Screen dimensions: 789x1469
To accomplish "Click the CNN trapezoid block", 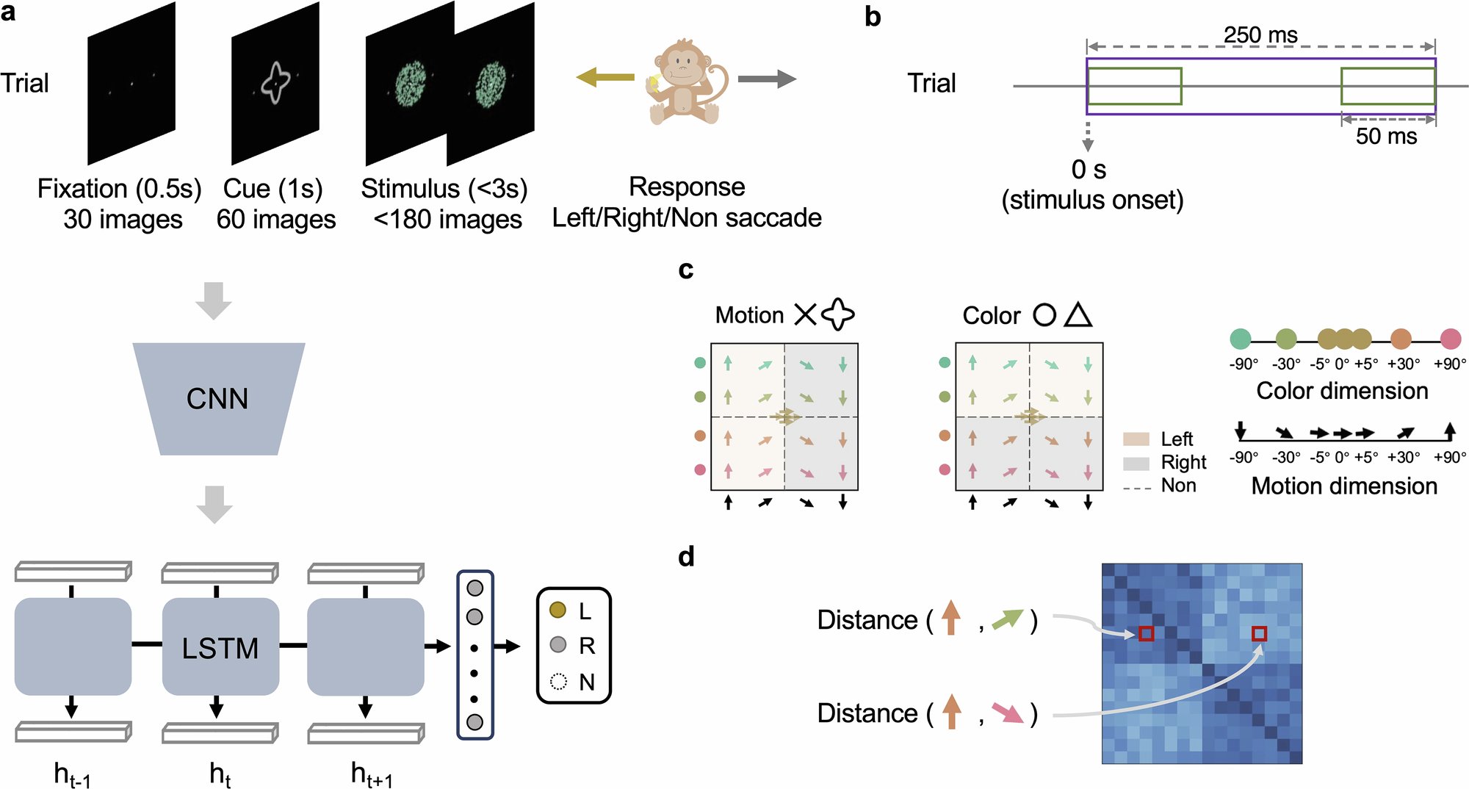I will (218, 399).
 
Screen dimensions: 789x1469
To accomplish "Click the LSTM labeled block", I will (220, 647).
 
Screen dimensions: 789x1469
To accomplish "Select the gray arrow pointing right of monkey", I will (767, 79).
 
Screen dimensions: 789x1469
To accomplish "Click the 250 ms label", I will (1260, 35).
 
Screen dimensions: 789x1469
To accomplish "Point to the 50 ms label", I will (1386, 136).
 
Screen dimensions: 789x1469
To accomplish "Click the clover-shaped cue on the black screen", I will (275, 82).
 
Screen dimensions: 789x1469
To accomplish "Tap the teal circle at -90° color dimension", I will (1240, 339).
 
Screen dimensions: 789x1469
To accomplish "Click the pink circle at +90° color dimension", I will (1451, 339).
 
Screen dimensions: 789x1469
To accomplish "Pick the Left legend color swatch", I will (1136, 439).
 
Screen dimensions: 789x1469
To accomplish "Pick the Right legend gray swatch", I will (1136, 463).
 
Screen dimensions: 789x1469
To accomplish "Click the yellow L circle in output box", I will (557, 610).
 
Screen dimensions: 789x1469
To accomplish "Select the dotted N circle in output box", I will (558, 682).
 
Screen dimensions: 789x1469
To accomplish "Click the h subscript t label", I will (220, 774).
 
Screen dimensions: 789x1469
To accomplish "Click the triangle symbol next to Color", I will (1078, 315).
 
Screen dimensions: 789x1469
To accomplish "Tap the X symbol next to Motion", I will (805, 315).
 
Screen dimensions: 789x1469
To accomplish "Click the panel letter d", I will (686, 557).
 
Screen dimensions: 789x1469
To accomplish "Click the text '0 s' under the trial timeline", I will (1089, 170).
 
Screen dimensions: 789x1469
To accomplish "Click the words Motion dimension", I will (1344, 486).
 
